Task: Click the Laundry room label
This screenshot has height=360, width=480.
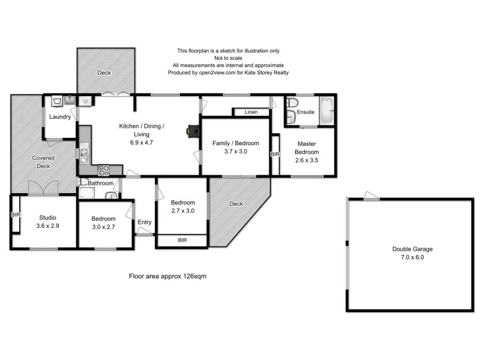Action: point(60,116)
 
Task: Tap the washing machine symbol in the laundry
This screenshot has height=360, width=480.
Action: point(57,101)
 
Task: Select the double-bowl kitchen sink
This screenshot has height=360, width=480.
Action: point(83,154)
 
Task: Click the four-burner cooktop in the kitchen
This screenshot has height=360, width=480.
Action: point(103,170)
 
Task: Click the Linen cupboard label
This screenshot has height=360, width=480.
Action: point(251,112)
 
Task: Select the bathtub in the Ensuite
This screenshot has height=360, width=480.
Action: point(326,110)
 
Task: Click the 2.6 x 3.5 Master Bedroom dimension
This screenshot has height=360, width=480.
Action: point(306,160)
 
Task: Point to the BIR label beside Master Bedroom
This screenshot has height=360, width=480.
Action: point(275,154)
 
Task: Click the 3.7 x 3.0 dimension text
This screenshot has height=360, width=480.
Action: point(235,152)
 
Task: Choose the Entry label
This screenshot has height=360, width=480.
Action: point(145,222)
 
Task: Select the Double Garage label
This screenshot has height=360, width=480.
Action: point(412,248)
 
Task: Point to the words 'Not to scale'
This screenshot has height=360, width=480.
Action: point(228,58)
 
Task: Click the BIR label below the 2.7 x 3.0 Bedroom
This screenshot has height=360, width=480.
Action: point(182,240)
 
